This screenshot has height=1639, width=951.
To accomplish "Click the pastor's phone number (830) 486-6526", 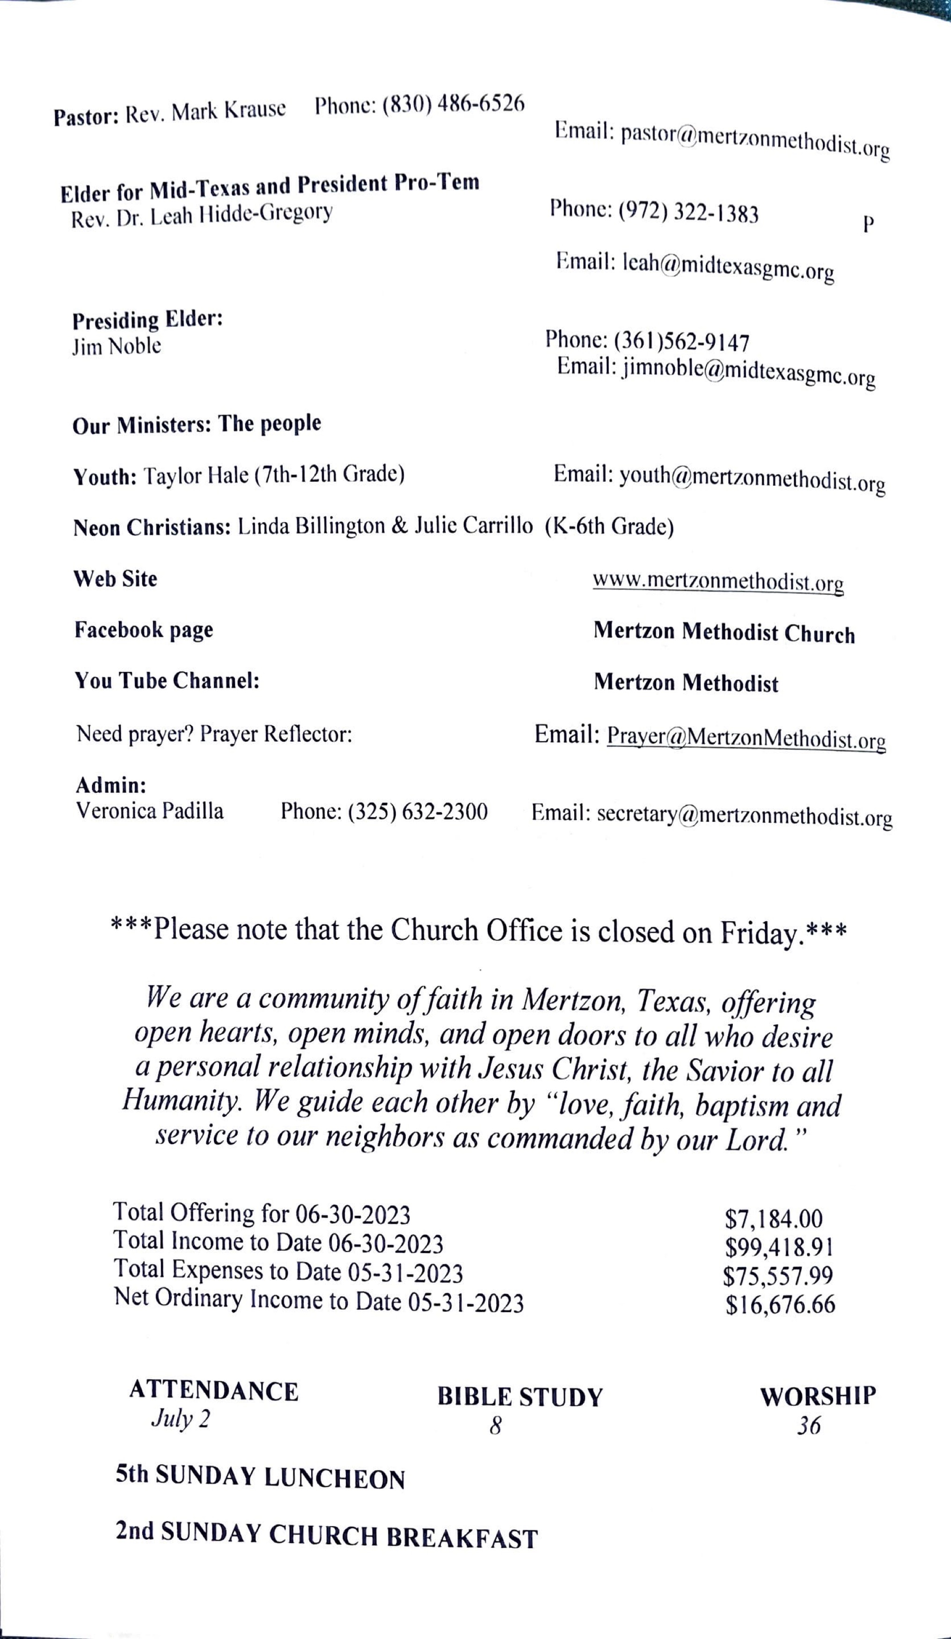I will coord(453,104).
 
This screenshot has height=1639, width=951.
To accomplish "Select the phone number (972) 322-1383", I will coord(688,212).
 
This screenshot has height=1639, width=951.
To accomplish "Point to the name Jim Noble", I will coord(117,347).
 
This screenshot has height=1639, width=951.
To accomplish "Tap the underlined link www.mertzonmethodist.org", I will coord(717,581).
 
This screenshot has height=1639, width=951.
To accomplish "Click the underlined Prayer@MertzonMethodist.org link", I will coord(746,738).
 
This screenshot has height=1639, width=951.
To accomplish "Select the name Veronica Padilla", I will coord(149,811).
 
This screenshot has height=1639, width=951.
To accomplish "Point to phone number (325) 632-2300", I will coord(417,812).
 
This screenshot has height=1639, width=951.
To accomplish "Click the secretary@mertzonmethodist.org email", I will coord(744,815).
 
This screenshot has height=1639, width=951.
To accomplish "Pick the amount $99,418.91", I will coord(779,1247).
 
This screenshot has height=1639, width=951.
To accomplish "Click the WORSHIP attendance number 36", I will coord(809,1425).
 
